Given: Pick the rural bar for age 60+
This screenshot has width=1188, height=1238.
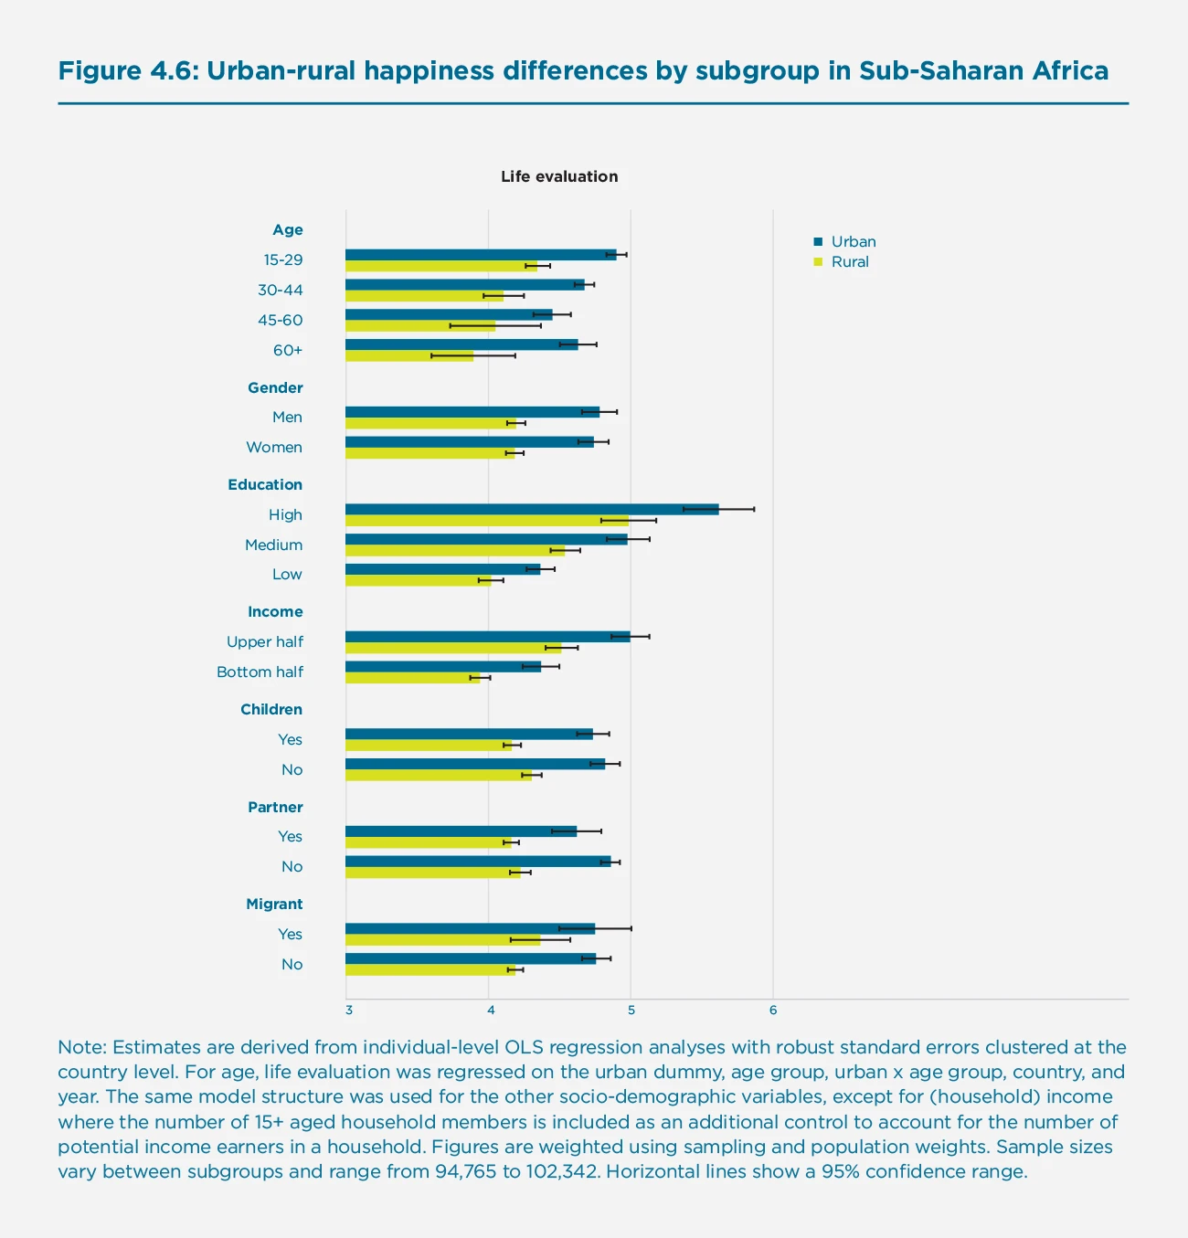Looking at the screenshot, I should click(409, 355).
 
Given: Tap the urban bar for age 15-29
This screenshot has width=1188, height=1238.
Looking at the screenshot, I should click(481, 255).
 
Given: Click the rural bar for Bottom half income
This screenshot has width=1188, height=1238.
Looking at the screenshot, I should click(412, 678).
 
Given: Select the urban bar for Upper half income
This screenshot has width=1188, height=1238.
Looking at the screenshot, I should click(487, 637).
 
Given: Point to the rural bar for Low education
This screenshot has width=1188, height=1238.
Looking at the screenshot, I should click(418, 580).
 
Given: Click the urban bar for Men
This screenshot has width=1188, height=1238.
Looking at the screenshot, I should click(472, 412).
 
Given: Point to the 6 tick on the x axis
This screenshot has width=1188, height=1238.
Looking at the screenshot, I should click(773, 1011).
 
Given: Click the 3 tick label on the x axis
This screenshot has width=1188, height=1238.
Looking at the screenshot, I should click(349, 1011).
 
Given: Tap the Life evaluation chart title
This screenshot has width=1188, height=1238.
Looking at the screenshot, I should click(559, 176).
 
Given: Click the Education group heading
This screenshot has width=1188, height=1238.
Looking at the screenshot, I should click(265, 485).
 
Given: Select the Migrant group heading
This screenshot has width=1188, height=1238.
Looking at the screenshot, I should click(274, 905).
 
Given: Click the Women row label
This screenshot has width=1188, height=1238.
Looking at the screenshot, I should click(274, 448).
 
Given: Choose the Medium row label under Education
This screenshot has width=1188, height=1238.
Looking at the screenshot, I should click(273, 545).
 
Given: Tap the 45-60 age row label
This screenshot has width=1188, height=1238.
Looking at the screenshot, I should click(280, 321).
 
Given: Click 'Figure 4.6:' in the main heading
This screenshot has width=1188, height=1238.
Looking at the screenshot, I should click(127, 71).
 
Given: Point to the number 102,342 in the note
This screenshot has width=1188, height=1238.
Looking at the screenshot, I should click(561, 1172).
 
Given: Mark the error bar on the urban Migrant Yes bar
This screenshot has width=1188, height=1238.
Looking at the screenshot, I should click(595, 928).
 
